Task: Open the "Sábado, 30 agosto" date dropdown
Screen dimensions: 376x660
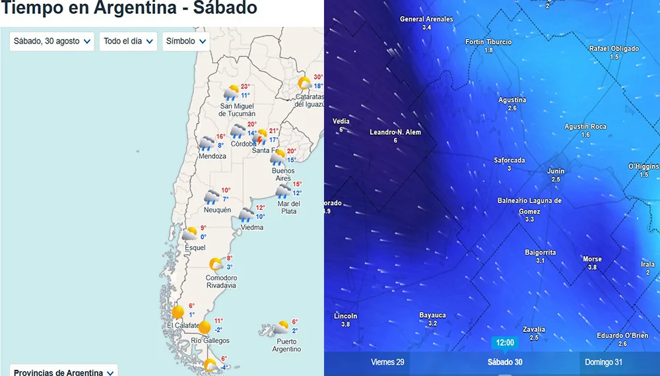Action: (52, 42)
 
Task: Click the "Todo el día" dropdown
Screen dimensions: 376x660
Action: (128, 42)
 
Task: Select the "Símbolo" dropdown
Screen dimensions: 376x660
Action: (185, 42)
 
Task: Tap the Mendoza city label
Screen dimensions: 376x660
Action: (212, 156)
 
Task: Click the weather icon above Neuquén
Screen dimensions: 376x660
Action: (211, 197)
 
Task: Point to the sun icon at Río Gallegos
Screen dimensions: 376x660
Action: (205, 327)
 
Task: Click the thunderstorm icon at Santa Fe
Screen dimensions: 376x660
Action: (260, 137)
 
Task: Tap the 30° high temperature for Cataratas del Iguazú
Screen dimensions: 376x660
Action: (318, 77)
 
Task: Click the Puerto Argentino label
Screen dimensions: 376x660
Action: (286, 345)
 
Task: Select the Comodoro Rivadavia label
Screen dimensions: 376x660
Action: (221, 282)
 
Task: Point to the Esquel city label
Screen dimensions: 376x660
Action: (195, 248)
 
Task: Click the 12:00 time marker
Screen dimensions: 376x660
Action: (504, 343)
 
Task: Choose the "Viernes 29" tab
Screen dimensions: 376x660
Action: (387, 362)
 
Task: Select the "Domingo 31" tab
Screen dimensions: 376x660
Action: (603, 362)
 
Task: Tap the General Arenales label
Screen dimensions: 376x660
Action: (426, 19)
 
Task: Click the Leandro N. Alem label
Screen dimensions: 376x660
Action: (395, 132)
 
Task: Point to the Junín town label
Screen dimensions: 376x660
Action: (556, 171)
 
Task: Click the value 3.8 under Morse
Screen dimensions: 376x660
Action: (592, 267)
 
